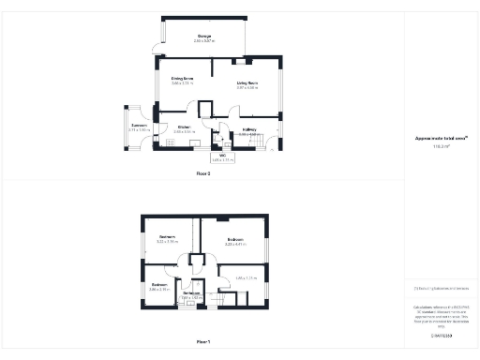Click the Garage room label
pyautogui.click(x=203, y=36)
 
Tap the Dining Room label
pyautogui.click(x=182, y=78)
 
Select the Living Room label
pyautogui.click(x=247, y=83)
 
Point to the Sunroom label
pyautogui.click(x=139, y=125)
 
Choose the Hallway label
pyautogui.click(x=248, y=129)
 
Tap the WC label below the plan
pyautogui.click(x=223, y=156)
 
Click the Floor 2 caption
pyautogui.click(x=203, y=174)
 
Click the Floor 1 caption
pyautogui.click(x=203, y=342)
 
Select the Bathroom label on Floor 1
pyautogui.click(x=191, y=293)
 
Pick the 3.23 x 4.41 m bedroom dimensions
pyautogui.click(x=234, y=245)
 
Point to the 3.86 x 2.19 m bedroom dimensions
pyautogui.click(x=159, y=289)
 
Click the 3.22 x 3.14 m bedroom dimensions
pyautogui.click(x=168, y=242)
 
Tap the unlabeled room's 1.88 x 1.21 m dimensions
pyautogui.click(x=246, y=277)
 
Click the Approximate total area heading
pyautogui.click(x=442, y=139)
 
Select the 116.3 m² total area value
pyautogui.click(x=442, y=146)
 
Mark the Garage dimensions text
pyautogui.click(x=203, y=41)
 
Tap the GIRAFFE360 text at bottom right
pyautogui.click(x=442, y=335)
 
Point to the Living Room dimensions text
pyautogui.click(x=247, y=88)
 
